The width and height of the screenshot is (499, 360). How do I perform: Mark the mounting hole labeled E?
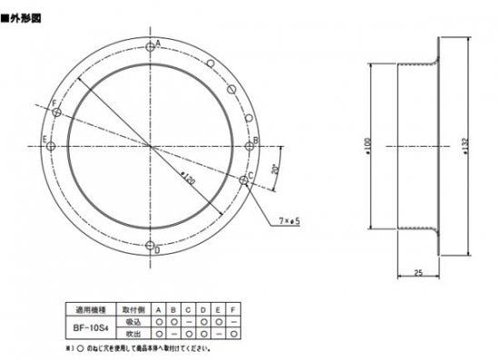point(51,145)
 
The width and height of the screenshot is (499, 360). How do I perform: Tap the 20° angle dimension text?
point(275,170)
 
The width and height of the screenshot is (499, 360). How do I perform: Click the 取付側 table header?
point(128,309)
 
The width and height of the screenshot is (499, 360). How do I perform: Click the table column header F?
point(235,309)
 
